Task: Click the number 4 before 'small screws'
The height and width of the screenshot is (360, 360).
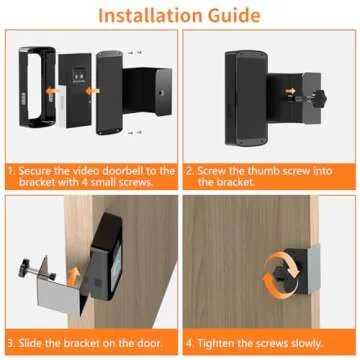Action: coord(93,184)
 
